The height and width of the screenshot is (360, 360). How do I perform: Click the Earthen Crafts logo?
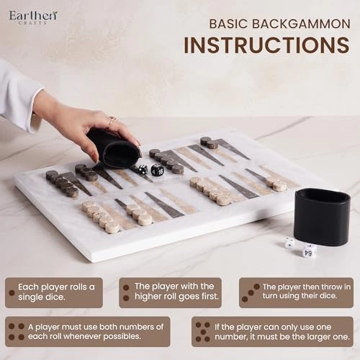tap(33, 17)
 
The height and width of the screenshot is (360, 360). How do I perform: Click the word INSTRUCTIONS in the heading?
tap(266, 45)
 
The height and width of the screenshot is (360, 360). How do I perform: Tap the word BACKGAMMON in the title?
tap(301, 24)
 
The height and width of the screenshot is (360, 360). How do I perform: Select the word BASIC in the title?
tap(228, 24)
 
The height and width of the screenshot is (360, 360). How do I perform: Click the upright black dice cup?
tap(322, 217)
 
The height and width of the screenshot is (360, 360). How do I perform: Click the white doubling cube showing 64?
tap(310, 252)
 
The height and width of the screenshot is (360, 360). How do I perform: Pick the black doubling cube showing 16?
tap(158, 169)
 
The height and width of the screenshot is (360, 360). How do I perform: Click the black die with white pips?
tap(143, 169)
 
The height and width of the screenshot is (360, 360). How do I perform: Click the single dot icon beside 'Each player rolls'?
tap(12, 292)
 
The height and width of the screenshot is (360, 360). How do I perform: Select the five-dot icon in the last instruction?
tap(203, 332)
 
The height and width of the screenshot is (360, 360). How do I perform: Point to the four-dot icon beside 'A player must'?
tap(17, 332)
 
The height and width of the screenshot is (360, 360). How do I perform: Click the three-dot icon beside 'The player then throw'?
tap(251, 293)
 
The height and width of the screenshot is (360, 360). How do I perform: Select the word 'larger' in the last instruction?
tap(311, 337)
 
